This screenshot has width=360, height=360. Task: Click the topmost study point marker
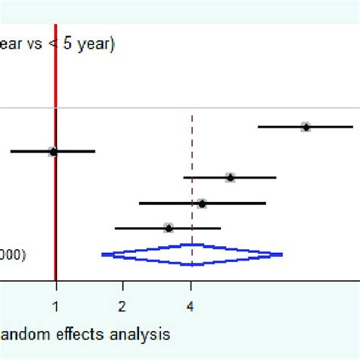[305, 127]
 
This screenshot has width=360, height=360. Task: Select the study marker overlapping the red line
[53, 152]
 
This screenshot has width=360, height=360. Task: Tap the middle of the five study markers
[230, 178]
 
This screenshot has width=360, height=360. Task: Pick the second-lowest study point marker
[201, 204]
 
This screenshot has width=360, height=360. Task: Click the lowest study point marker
[169, 228]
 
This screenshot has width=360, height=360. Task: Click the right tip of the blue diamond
[282, 255]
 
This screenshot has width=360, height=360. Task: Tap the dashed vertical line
[192, 152]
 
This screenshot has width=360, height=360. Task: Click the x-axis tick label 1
[55, 308]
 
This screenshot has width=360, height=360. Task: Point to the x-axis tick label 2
[122, 308]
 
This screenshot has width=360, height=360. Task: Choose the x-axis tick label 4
[191, 308]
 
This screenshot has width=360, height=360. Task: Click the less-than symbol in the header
[54, 46]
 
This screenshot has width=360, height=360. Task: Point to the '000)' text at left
[13, 255]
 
